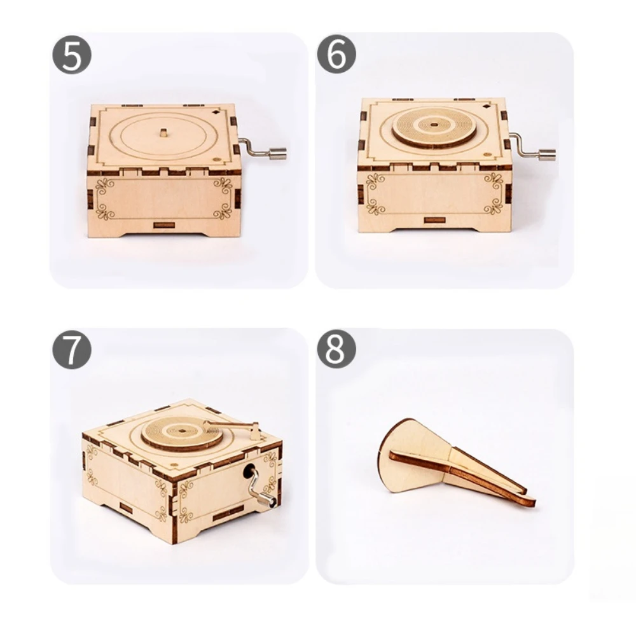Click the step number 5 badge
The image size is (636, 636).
tap(72, 55)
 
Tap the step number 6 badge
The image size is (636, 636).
tap(336, 55)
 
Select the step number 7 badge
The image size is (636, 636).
tap(72, 349)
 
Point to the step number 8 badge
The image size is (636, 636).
tap(336, 349)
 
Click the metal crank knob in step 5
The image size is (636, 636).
tap(277, 153)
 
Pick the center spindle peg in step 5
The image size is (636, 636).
tap(163, 133)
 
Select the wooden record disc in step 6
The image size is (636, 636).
tap(434, 126)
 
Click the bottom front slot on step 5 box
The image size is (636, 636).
tap(164, 225)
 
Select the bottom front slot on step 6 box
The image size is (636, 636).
tap(434, 220)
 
